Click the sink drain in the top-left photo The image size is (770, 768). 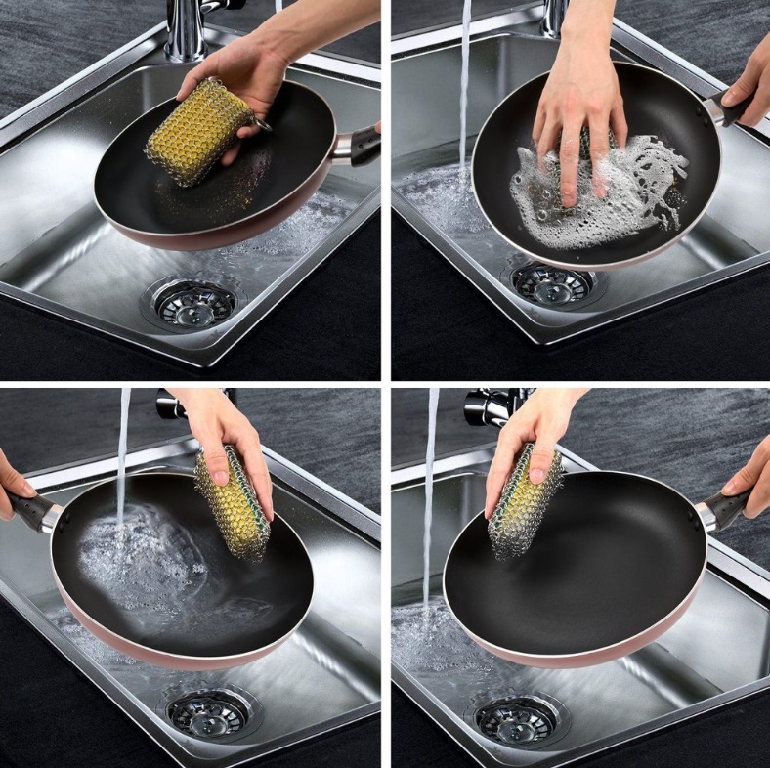coord(192,303)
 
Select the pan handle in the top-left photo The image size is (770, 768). coord(357,146)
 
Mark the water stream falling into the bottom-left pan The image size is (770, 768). coord(123,459)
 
